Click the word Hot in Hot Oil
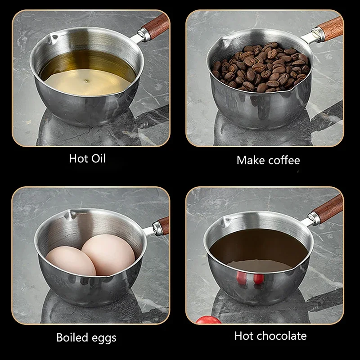click(x=79, y=159)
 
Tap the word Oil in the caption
click(x=99, y=159)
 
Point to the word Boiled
click(x=72, y=337)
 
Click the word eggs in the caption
click(x=104, y=338)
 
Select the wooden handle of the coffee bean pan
click(x=331, y=29)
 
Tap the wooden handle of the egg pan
click(x=164, y=225)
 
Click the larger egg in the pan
click(x=108, y=254)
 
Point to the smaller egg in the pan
click(x=71, y=261)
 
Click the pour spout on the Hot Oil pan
click(x=52, y=39)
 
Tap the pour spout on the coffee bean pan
click(x=224, y=43)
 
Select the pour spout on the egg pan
click(x=70, y=215)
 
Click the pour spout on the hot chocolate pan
click(x=225, y=222)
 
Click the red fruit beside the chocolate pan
click(x=208, y=320)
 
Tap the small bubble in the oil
click(x=86, y=81)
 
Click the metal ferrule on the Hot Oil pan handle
click(x=144, y=35)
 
